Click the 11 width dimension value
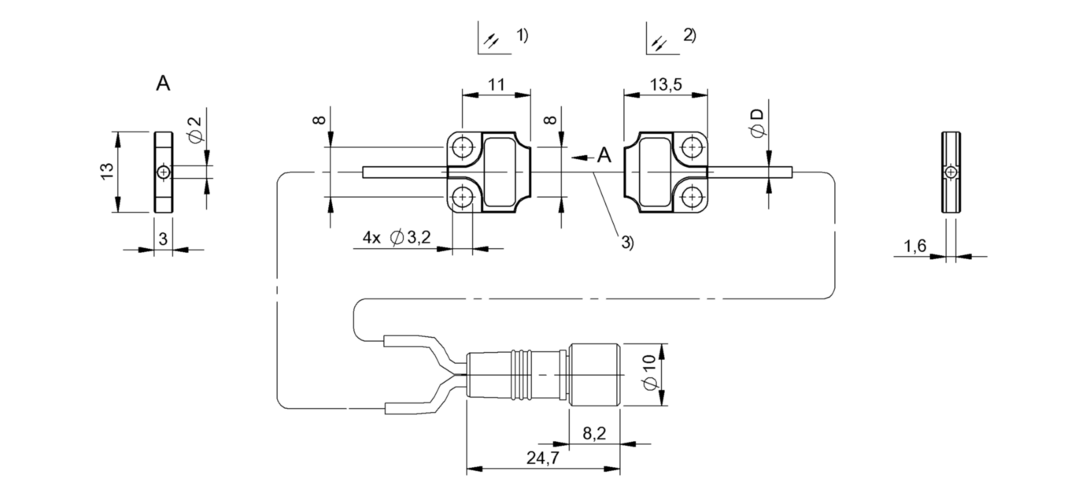coord(496,84)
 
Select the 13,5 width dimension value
coord(665,84)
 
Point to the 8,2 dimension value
coord(593,432)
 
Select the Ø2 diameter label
coord(195,129)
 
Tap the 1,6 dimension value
coord(914,247)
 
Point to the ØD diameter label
coord(757,124)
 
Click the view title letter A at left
coord(163,84)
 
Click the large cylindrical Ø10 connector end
coord(594,375)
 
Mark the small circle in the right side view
coord(951,172)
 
